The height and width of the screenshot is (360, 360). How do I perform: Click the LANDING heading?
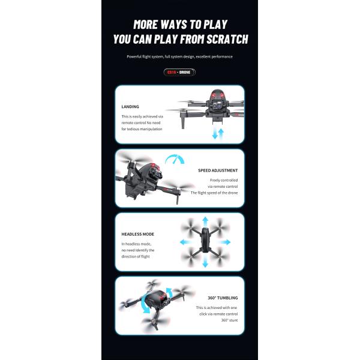[x=130, y=107]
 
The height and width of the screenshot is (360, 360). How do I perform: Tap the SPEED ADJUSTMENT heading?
[x=218, y=170]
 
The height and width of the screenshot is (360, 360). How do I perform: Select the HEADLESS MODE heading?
[x=138, y=234]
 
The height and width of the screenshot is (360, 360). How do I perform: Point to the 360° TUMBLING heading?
[x=223, y=298]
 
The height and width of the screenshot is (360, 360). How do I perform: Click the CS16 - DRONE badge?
[x=179, y=73]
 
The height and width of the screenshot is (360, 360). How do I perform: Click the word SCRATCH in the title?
[x=227, y=39]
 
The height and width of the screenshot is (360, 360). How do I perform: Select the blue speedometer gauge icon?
[x=175, y=158]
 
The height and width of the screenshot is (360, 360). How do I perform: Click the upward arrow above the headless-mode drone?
[x=205, y=221]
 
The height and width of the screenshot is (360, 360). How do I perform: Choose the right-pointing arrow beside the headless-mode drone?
[x=226, y=242]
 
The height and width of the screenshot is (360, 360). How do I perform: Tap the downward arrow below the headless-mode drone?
[x=205, y=262]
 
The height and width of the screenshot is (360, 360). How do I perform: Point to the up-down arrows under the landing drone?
[x=218, y=134]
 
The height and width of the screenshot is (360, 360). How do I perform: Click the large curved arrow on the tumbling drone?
[x=145, y=304]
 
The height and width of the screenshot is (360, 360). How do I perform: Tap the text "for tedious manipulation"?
[x=142, y=129]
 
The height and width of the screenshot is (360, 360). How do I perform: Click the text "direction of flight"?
[x=136, y=256]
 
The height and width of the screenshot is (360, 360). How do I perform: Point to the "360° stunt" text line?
[x=229, y=320]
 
